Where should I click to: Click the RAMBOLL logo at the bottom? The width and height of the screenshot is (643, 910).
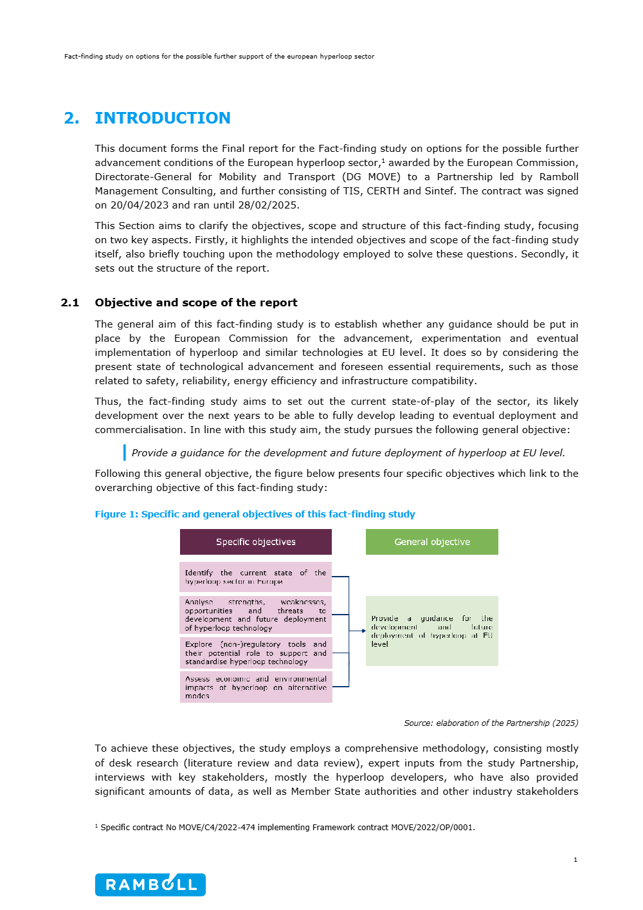(150, 884)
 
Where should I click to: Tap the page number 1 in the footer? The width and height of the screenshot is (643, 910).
(575, 860)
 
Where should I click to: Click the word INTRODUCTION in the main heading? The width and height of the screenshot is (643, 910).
(163, 118)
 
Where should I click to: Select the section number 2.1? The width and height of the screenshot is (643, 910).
(70, 302)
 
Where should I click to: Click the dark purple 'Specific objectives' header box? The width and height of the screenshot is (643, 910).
(255, 542)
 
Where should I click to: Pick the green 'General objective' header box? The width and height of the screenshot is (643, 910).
(432, 542)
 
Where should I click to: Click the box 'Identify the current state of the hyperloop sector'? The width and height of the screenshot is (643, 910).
(255, 577)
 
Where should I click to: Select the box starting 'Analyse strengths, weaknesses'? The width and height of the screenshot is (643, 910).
(255, 615)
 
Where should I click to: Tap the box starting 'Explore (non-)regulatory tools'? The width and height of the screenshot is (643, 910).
(255, 653)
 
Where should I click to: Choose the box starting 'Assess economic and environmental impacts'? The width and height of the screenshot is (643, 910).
(255, 687)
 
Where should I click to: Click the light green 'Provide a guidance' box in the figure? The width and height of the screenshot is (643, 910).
(432, 631)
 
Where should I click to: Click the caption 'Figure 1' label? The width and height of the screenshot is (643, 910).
(116, 514)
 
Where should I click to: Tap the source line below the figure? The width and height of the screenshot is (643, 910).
(491, 723)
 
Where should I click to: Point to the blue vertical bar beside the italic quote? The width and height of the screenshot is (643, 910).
(125, 452)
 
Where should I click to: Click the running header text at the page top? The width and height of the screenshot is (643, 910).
(219, 57)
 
